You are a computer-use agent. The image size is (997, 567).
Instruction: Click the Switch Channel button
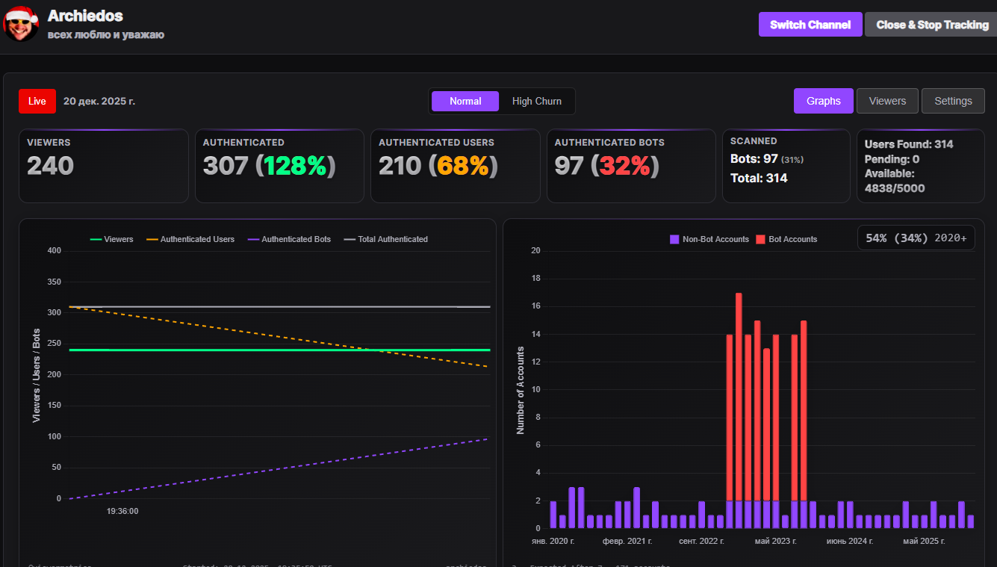tap(810, 25)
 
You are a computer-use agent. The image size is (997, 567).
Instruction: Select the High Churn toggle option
tap(536, 101)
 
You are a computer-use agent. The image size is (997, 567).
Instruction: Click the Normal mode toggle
tap(465, 101)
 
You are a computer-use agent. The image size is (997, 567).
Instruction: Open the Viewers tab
tap(887, 101)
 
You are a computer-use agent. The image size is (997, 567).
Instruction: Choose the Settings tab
tap(953, 101)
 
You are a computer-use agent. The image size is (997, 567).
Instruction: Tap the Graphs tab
tap(823, 101)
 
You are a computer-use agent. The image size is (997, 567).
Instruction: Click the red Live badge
tap(37, 101)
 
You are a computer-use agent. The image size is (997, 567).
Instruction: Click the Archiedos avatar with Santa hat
tap(20, 23)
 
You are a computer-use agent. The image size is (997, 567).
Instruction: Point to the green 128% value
tap(295, 166)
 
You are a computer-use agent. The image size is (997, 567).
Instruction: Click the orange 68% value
tap(468, 166)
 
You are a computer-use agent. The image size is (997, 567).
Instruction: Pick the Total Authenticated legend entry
tap(386, 239)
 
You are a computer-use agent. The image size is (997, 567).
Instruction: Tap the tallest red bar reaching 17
tap(739, 396)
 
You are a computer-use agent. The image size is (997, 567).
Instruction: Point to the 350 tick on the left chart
tap(54, 282)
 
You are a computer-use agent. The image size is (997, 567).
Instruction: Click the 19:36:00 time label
tap(122, 512)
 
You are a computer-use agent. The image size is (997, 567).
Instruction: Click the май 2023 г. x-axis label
tap(776, 541)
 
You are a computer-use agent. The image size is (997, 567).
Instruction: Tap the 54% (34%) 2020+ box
tap(916, 238)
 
